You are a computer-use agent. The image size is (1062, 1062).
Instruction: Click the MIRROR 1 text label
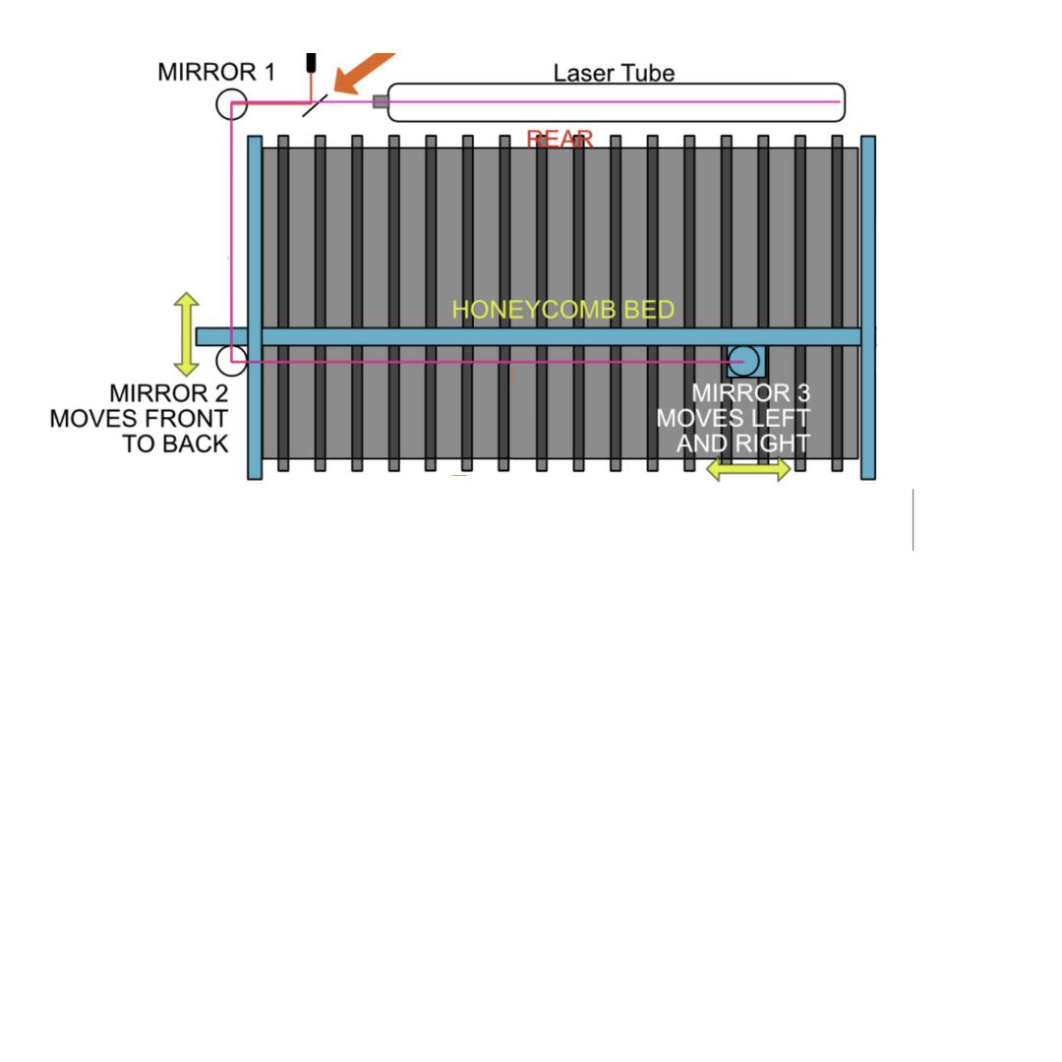coord(216,73)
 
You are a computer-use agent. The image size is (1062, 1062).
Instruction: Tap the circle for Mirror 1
coord(231,103)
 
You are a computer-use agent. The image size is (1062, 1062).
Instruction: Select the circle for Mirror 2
coord(231,361)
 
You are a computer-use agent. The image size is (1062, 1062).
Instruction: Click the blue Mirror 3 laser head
coord(744,361)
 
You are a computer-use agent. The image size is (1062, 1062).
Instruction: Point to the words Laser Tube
coord(614,73)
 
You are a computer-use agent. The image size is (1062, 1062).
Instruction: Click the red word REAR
coord(560,140)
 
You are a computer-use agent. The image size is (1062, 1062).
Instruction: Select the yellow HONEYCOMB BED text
coord(562,310)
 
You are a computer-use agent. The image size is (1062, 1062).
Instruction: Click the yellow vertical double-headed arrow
coord(186,333)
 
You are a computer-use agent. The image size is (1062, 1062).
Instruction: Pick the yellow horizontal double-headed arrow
coord(748,470)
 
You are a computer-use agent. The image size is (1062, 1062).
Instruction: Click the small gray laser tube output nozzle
coord(381,101)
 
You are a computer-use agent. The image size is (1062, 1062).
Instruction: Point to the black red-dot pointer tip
coord(311,63)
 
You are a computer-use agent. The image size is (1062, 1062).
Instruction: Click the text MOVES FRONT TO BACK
coord(139,431)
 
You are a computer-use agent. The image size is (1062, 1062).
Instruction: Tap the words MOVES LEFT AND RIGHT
coord(734,431)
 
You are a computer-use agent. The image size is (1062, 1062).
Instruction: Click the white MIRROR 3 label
coord(751,393)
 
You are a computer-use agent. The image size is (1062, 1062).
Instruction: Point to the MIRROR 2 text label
coord(168,393)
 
